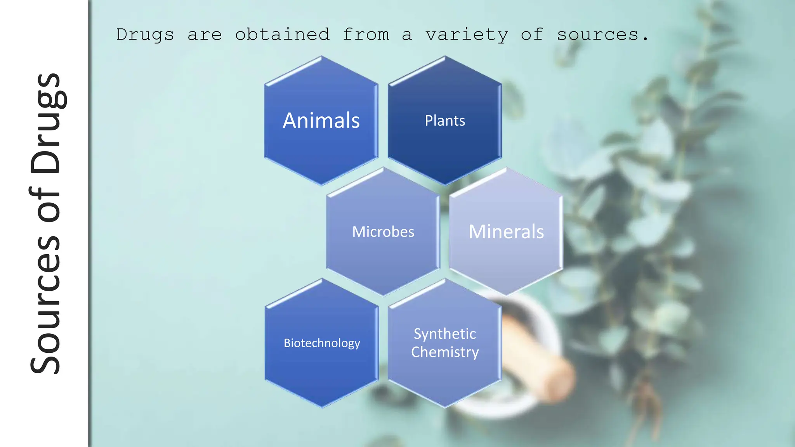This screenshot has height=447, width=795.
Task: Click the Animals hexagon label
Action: tap(321, 120)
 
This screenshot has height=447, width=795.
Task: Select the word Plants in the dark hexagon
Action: tap(445, 121)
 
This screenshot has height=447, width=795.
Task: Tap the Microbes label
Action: tap(383, 232)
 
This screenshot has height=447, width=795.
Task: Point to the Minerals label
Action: tap(506, 232)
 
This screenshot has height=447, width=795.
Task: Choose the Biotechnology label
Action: tap(322, 343)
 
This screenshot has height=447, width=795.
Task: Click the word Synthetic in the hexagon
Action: tap(445, 334)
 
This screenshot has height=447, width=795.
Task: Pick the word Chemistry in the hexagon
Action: tap(445, 352)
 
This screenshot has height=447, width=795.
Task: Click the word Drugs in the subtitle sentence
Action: tap(145, 35)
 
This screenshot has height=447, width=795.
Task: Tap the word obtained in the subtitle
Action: tap(282, 35)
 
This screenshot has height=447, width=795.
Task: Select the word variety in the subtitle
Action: tap(467, 35)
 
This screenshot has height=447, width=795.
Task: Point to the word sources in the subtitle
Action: tap(597, 35)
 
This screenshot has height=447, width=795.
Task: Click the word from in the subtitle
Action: tap(366, 35)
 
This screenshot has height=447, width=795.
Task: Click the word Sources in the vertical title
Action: tap(46, 305)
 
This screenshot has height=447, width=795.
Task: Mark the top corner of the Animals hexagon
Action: tap(321, 57)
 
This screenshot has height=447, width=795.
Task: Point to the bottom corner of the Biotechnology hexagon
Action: tap(322, 407)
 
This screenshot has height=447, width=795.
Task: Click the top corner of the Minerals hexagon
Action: tap(506, 168)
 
